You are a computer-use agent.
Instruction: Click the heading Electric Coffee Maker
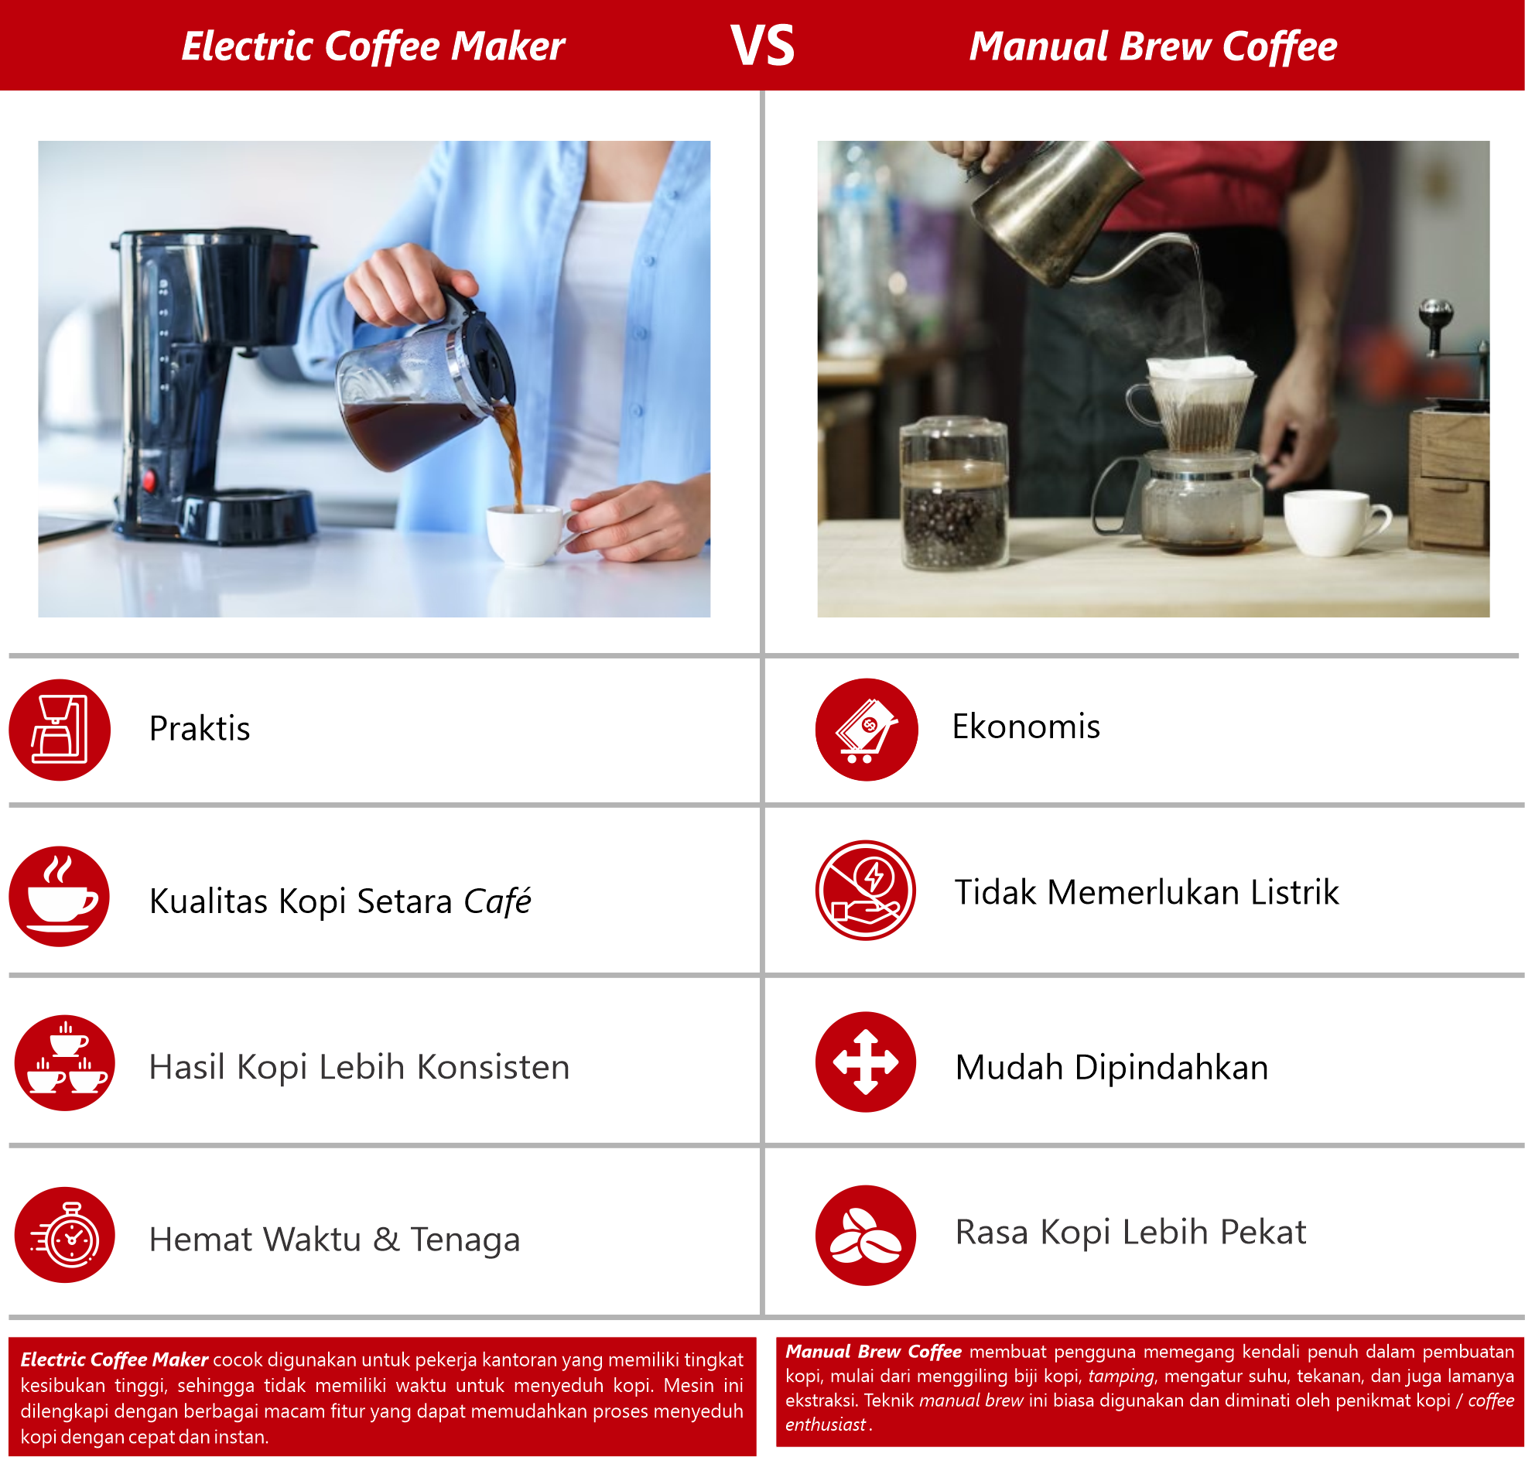[373, 46]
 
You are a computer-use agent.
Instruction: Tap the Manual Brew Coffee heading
[1153, 46]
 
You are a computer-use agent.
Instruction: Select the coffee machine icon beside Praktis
[60, 730]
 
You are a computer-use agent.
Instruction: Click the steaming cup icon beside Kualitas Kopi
[60, 896]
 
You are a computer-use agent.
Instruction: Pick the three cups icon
[65, 1062]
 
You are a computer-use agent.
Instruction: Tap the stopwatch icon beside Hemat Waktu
[65, 1234]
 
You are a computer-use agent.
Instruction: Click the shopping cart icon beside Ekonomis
[867, 730]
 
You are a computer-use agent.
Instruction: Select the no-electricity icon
[866, 890]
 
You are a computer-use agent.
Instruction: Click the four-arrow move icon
[866, 1062]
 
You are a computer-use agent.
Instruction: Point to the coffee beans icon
[866, 1235]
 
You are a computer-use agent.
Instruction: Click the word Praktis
[200, 729]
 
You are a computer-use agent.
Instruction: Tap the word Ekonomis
[1026, 726]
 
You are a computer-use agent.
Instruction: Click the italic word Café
[497, 901]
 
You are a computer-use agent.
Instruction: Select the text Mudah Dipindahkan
[1111, 1068]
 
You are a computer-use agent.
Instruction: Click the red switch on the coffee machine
[149, 481]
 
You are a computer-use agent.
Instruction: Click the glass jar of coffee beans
[954, 493]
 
